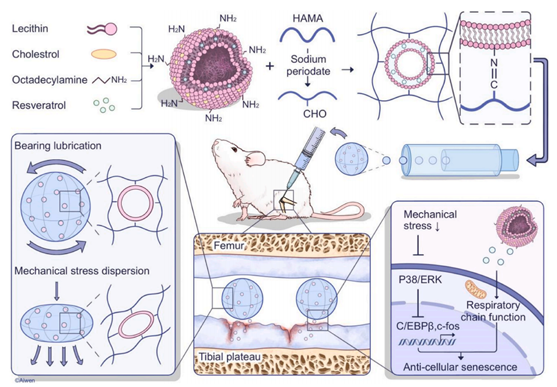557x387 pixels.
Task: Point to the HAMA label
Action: (309, 19)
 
